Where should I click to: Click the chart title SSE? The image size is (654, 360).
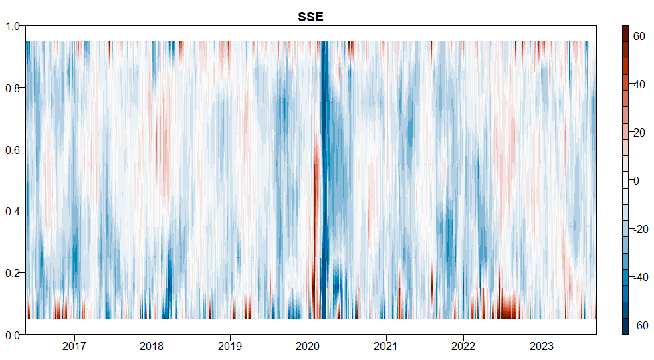pyautogui.click(x=310, y=17)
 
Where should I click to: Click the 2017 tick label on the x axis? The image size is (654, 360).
pyautogui.click(x=74, y=347)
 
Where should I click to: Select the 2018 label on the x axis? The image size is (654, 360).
pyautogui.click(x=152, y=347)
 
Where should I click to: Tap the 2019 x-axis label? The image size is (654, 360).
pyautogui.click(x=230, y=347)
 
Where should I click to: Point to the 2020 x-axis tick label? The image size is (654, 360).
pyautogui.click(x=308, y=347)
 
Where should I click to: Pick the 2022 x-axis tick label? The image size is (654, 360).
pyautogui.click(x=463, y=347)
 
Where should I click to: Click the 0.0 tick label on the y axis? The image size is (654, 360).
pyautogui.click(x=13, y=335)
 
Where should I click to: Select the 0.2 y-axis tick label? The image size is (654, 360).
pyautogui.click(x=13, y=273)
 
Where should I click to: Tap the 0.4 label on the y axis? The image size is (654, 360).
pyautogui.click(x=13, y=211)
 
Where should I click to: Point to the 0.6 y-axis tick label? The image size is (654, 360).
pyautogui.click(x=13, y=149)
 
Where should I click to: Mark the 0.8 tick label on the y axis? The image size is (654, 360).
pyautogui.click(x=13, y=88)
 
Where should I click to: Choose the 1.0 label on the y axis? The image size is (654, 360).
pyautogui.click(x=13, y=26)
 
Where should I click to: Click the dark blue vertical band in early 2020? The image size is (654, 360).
pyautogui.click(x=325, y=167)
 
